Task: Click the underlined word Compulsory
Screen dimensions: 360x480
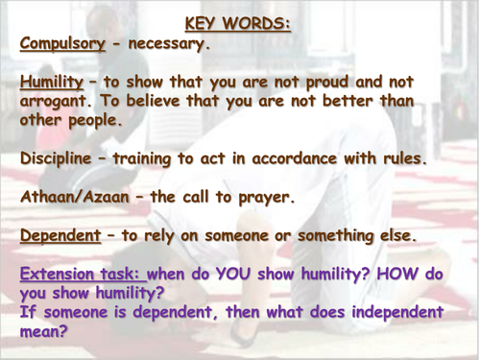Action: click(x=64, y=43)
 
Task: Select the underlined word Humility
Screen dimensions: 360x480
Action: click(x=51, y=84)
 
